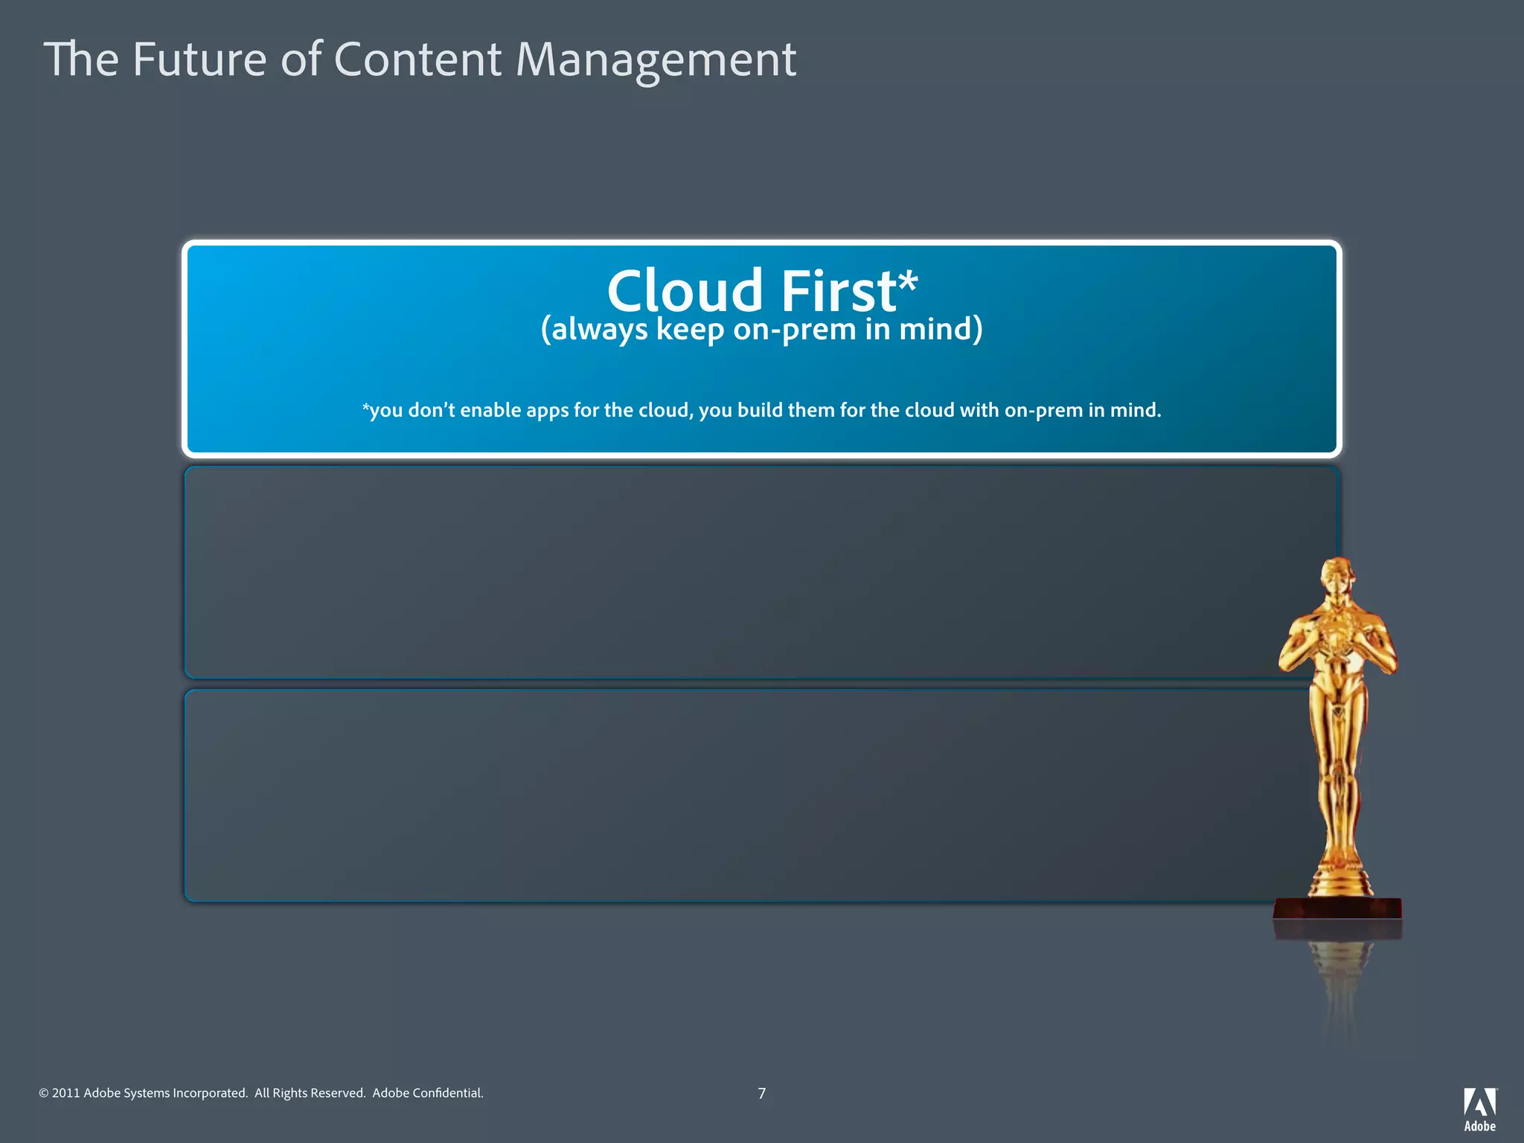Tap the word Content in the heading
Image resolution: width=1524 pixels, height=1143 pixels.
click(x=417, y=60)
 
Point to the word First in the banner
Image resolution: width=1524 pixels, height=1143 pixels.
click(x=838, y=291)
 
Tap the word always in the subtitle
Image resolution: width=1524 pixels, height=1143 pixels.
click(x=599, y=330)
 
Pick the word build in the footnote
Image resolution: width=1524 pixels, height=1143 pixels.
click(x=761, y=410)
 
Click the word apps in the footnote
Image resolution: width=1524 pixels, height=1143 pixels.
click(x=548, y=412)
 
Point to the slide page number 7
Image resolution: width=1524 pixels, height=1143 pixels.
click(x=761, y=1093)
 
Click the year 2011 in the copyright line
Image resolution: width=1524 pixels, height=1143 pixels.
click(x=65, y=1093)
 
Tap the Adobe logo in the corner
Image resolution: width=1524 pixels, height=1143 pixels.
click(x=1479, y=1109)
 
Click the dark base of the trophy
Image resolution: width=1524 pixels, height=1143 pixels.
click(x=1337, y=909)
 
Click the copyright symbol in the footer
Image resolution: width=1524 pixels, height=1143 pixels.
click(x=43, y=1093)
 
